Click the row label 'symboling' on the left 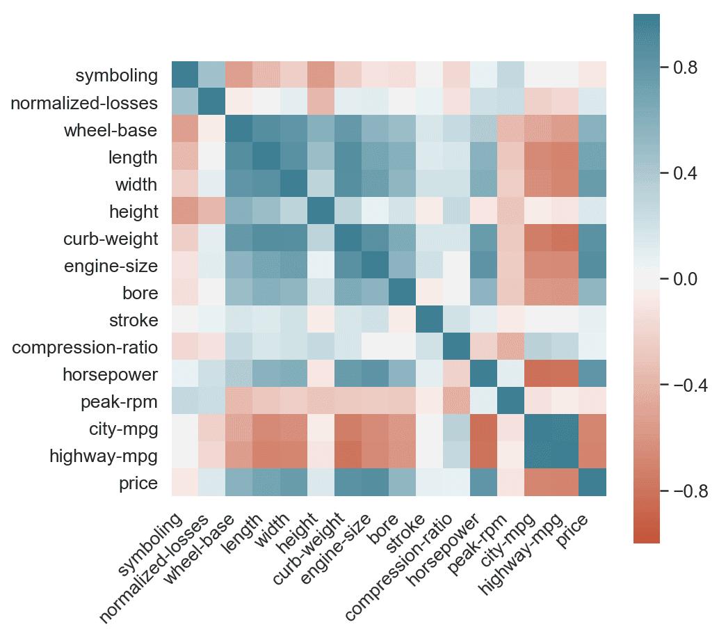[x=117, y=75]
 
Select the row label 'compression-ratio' [x=86, y=348]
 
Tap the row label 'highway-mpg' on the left [x=104, y=456]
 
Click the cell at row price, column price [x=592, y=483]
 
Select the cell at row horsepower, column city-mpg [x=538, y=374]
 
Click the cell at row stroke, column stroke [x=429, y=320]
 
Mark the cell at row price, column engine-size [x=375, y=483]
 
